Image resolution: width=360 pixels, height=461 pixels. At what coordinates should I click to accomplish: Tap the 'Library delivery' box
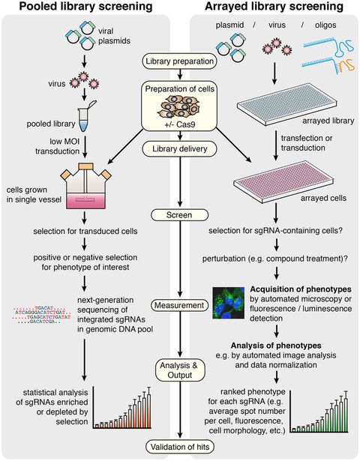[x=178, y=149]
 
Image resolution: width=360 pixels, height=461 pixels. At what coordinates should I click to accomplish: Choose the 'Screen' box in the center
[x=178, y=215]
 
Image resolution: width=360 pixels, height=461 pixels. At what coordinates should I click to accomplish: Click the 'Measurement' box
[x=178, y=305]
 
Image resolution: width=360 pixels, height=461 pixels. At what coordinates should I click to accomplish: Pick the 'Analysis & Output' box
[x=178, y=367]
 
